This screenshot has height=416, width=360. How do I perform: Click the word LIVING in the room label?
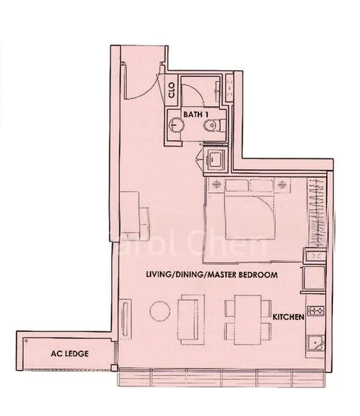click(x=159, y=275)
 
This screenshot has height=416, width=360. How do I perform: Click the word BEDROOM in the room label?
click(x=255, y=275)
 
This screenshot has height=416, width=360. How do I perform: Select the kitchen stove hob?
click(x=316, y=310)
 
